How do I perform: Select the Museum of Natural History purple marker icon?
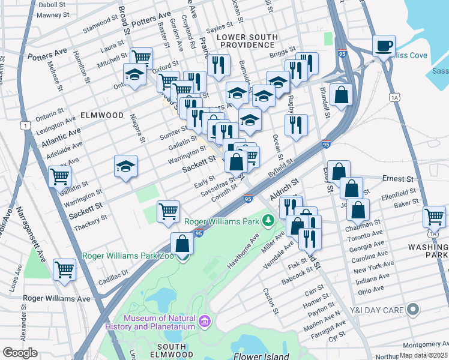[205, 322]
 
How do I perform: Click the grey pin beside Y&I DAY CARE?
[412, 310]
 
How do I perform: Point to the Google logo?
[20, 353]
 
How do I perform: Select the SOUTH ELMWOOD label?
[175, 347]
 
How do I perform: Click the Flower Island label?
[262, 356]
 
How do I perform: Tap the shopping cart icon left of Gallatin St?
[60, 176]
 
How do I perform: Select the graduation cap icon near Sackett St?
[126, 166]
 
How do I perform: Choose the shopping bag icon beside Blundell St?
[341, 95]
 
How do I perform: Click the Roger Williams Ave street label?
[56, 298]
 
